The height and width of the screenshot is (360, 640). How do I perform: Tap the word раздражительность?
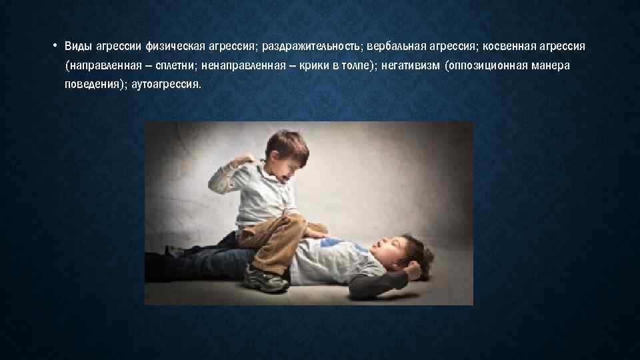click(305, 47)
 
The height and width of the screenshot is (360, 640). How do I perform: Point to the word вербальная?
click(389, 47)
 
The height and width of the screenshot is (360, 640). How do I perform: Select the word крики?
click(312, 67)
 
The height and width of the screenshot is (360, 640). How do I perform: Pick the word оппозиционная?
click(491, 67)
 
